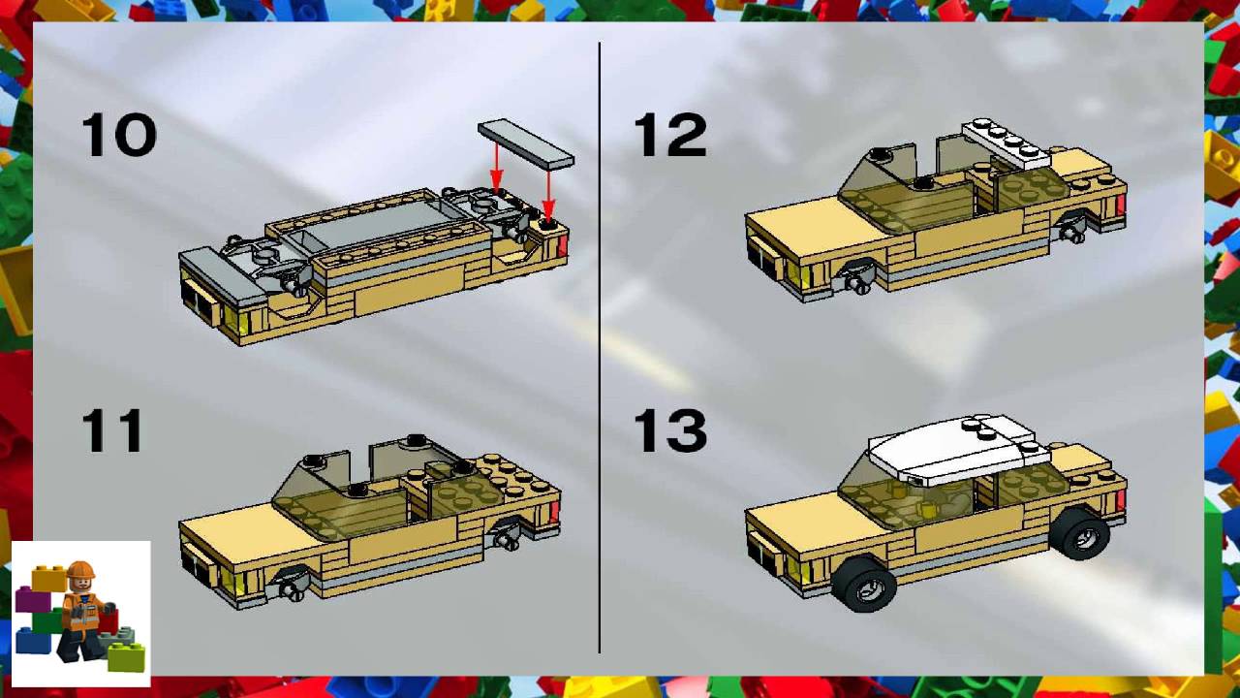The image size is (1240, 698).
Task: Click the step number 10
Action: [118, 135]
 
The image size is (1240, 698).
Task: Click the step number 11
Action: [112, 430]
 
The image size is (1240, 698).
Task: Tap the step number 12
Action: [669, 135]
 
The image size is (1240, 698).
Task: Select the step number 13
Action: [669, 430]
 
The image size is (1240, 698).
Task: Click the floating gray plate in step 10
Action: [525, 143]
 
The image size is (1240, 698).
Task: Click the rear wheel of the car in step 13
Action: [1080, 532]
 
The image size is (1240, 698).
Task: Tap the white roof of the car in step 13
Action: [954, 453]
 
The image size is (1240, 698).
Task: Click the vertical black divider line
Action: [600, 349]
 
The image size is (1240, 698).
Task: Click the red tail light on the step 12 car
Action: [1121, 205]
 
